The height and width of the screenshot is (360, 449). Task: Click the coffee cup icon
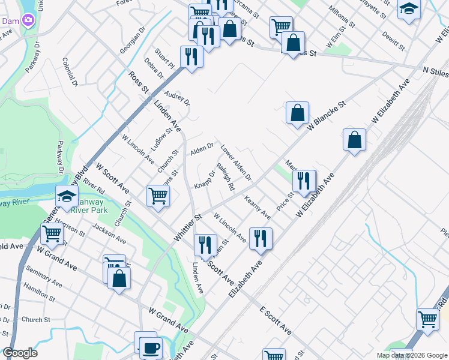click(151, 347)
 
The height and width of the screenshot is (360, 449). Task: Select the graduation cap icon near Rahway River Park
click(67, 196)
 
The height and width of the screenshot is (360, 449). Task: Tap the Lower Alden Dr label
click(235, 163)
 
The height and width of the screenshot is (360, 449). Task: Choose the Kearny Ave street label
click(258, 207)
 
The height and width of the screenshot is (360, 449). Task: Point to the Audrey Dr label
click(177, 97)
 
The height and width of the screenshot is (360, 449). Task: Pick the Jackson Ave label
click(109, 234)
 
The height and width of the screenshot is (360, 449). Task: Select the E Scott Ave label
click(276, 321)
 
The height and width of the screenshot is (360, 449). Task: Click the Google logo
click(20, 353)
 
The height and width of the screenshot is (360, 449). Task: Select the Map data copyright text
click(411, 355)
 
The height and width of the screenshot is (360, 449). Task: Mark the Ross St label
click(138, 82)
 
